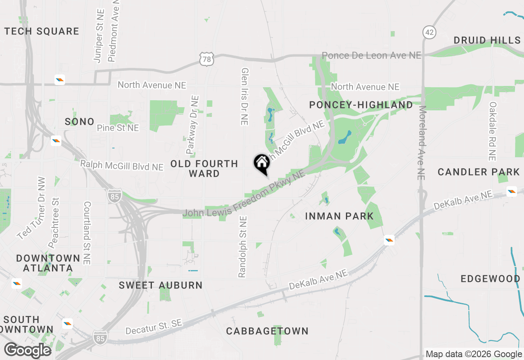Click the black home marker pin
262,163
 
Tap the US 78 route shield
207,59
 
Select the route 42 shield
429,32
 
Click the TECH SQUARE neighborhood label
42,32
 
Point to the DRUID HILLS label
487,40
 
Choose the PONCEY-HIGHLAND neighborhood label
361,105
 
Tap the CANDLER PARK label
479,172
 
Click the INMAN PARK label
339,216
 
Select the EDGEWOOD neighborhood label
490,279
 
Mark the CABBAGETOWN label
267,331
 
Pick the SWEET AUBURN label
160,286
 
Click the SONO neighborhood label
79,122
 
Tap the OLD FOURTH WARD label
204,169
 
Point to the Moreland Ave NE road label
422,143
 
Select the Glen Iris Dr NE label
245,96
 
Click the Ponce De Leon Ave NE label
371,55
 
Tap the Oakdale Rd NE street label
492,131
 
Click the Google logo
28,350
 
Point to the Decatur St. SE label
154,326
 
